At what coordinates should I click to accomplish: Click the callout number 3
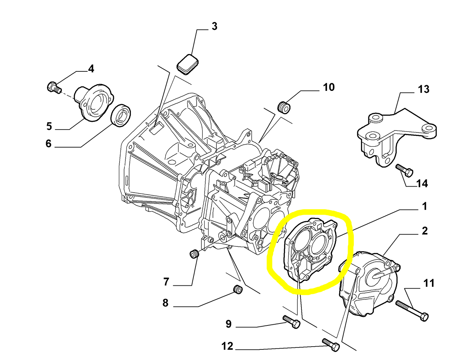click(214, 26)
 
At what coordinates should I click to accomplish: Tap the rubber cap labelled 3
click(187, 64)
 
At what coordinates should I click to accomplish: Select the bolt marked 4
click(53, 87)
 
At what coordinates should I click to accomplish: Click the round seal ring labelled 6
click(121, 115)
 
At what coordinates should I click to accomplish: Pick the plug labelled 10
click(283, 107)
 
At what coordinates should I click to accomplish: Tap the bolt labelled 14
click(404, 170)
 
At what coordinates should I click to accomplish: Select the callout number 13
click(424, 89)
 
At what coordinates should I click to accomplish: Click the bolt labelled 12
click(331, 344)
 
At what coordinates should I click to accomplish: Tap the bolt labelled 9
click(291, 322)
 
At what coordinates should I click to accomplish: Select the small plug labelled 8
click(238, 289)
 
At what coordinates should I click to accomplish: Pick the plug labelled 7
click(194, 254)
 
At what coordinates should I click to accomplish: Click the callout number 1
click(425, 206)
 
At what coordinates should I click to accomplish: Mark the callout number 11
click(429, 283)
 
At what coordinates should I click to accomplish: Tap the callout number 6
click(48, 143)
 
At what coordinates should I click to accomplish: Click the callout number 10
click(329, 87)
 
